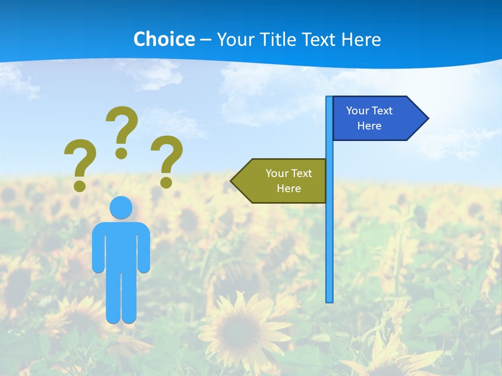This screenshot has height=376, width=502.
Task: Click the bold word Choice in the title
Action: tap(164, 39)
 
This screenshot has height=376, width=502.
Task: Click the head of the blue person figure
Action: tap(121, 208)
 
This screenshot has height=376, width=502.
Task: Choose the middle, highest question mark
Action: tap(122, 131)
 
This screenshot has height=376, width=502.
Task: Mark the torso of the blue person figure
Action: tap(121, 245)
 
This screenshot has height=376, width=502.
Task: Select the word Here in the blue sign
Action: tap(369, 126)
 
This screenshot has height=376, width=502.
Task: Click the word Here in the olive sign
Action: tap(289, 189)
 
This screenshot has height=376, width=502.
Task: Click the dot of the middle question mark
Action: tap(121, 153)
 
